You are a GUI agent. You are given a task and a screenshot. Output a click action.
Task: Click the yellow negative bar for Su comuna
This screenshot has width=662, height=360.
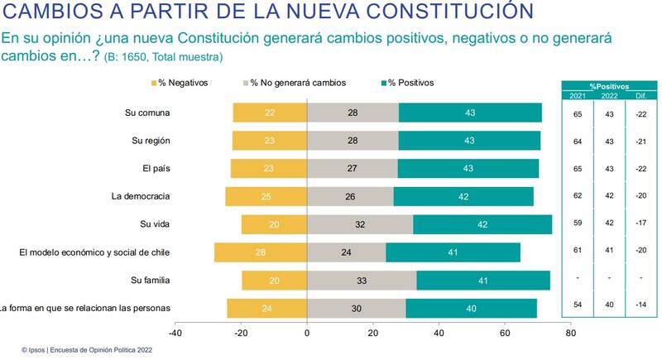(x=270, y=113)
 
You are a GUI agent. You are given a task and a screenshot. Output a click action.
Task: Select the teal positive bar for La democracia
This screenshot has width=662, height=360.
(x=463, y=196)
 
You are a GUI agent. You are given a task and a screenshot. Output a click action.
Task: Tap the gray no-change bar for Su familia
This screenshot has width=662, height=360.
(x=362, y=281)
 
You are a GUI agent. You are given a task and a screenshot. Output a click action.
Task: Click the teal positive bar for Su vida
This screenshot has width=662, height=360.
(x=482, y=224)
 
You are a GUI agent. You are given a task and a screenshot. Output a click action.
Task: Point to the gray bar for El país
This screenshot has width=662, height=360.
(x=352, y=168)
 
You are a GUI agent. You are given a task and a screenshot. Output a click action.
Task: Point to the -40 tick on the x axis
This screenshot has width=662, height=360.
(x=175, y=334)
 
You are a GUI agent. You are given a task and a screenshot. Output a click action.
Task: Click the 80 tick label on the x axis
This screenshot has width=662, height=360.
(x=570, y=334)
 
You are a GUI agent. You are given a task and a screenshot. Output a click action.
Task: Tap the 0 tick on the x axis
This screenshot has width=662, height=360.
(x=307, y=334)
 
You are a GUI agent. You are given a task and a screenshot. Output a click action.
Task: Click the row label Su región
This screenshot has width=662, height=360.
(x=151, y=140)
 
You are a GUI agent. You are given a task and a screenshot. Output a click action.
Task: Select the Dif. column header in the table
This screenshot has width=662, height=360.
(x=641, y=96)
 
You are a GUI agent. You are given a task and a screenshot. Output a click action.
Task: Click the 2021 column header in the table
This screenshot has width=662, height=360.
(x=577, y=96)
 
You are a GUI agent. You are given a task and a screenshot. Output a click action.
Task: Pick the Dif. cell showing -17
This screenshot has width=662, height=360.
(x=641, y=224)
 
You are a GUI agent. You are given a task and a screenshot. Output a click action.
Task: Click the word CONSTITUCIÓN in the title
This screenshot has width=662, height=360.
(x=454, y=14)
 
